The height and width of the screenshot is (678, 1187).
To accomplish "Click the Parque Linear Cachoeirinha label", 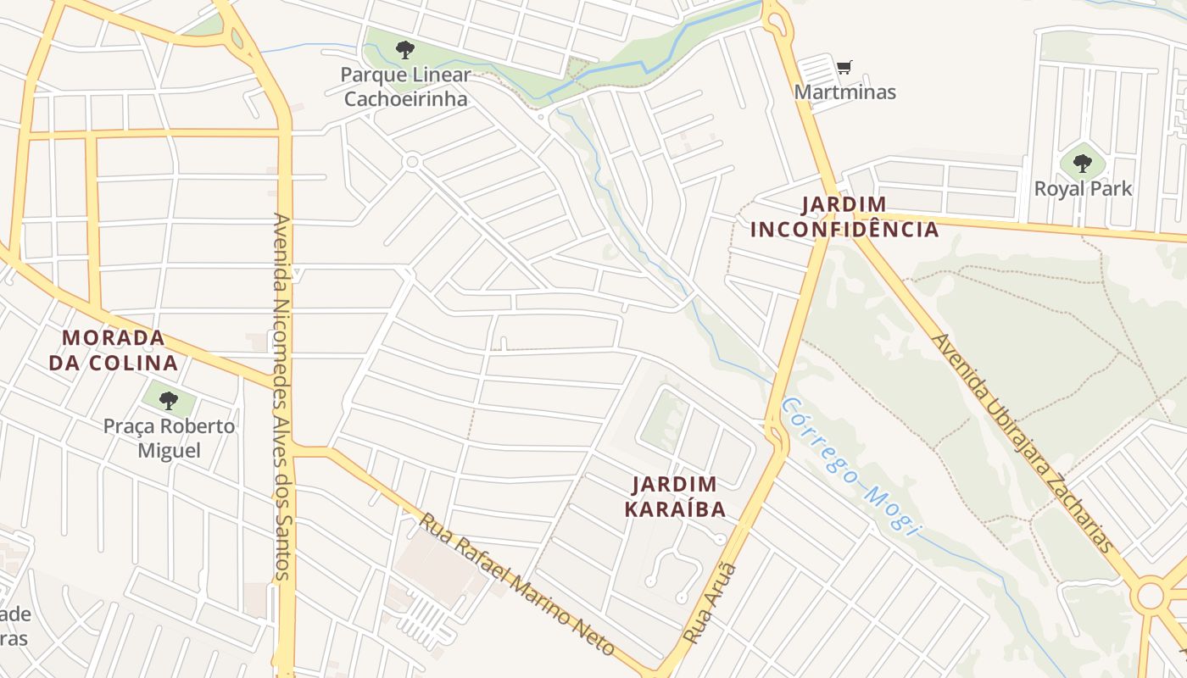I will pyautogui.click(x=404, y=86).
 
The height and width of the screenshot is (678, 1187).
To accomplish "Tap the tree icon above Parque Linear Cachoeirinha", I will pyautogui.click(x=405, y=49).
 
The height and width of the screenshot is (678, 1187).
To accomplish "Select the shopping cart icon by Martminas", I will pyautogui.click(x=844, y=67).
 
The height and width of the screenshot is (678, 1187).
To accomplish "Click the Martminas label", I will pyautogui.click(x=844, y=92).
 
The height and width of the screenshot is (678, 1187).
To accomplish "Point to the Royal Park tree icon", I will pyautogui.click(x=1083, y=163).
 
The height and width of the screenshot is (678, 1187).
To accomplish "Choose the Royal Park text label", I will pyautogui.click(x=1083, y=188).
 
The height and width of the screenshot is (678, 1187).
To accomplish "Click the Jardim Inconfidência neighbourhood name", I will pyautogui.click(x=844, y=217).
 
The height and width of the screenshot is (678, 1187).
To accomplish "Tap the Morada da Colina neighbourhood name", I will pyautogui.click(x=114, y=350).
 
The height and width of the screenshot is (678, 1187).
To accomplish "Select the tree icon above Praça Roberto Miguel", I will pyautogui.click(x=169, y=399).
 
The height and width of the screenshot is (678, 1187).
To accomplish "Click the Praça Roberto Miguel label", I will pyautogui.click(x=169, y=437).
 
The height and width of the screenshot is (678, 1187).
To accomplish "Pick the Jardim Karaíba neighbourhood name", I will pyautogui.click(x=675, y=497).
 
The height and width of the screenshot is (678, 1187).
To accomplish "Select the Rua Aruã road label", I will pyautogui.click(x=711, y=603).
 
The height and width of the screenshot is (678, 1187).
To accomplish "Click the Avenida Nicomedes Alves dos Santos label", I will pyautogui.click(x=282, y=397).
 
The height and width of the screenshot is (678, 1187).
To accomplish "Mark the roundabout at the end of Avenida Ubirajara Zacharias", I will pyautogui.click(x=1151, y=594).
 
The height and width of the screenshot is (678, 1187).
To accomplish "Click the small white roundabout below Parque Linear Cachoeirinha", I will pyautogui.click(x=412, y=161).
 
